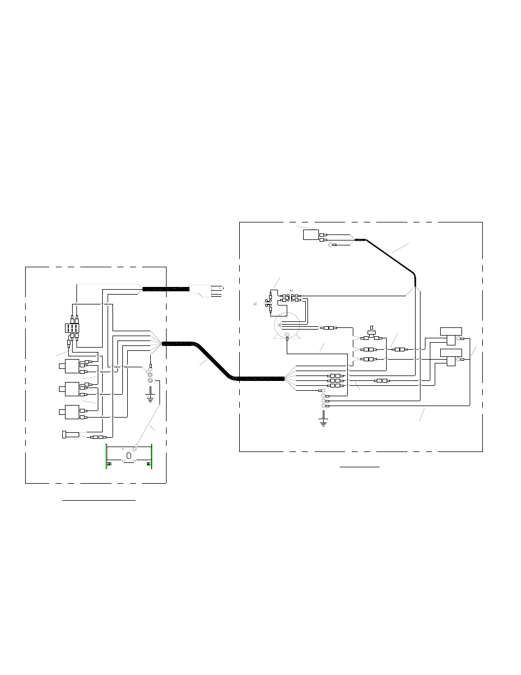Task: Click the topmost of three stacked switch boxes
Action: click(x=72, y=365)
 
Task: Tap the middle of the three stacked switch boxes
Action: click(x=72, y=389)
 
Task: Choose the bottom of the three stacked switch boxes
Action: click(x=72, y=412)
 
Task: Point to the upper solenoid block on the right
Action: click(x=451, y=336)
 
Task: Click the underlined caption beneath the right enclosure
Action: click(x=359, y=468)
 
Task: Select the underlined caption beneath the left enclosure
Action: click(x=98, y=500)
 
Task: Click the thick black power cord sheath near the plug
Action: click(x=166, y=289)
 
